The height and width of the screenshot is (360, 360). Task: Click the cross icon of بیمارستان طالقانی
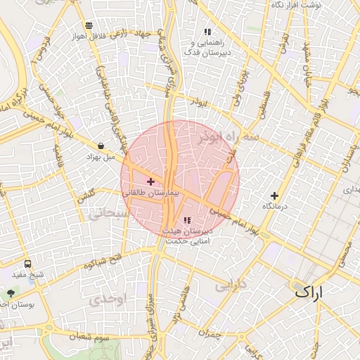click(x=150, y=181)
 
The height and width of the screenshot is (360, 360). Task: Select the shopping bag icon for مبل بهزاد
click(x=101, y=146)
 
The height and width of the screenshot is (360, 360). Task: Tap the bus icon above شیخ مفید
click(x=27, y=264)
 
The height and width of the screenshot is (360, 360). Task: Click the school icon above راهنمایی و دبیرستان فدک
click(x=207, y=32)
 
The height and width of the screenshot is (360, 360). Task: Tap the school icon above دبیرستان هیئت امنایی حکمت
click(x=187, y=220)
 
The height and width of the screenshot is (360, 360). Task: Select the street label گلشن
click(x=87, y=194)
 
